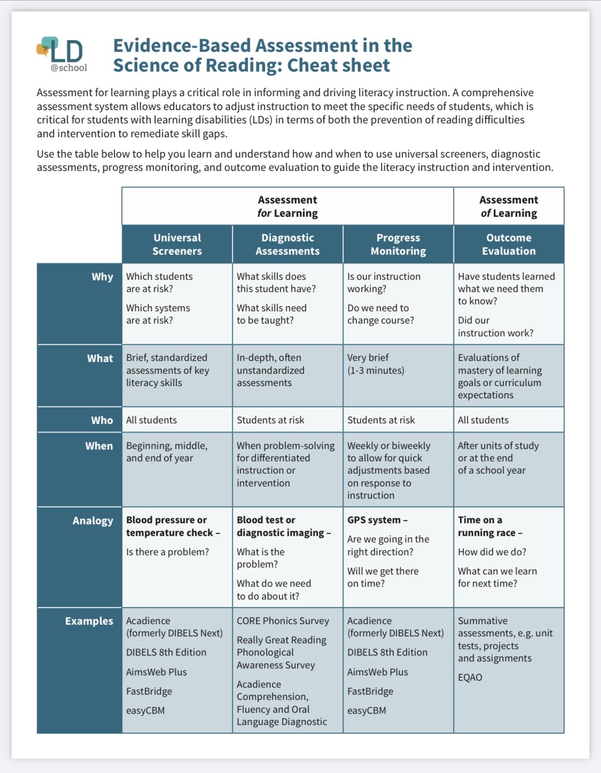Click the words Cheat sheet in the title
[x=338, y=65]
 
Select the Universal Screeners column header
[x=177, y=244]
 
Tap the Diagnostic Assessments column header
[x=287, y=244]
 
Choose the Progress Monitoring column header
[x=398, y=244]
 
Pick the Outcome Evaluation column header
[x=509, y=244]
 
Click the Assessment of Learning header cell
[x=509, y=206]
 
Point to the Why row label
[x=102, y=277]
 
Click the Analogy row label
[x=93, y=520]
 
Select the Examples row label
[x=89, y=621]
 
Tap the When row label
[x=99, y=446]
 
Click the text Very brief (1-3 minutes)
[x=376, y=364]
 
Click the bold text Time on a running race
[x=489, y=526]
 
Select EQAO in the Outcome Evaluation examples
[x=470, y=677]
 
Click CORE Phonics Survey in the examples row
[x=283, y=621]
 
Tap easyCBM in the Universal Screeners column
[x=145, y=711]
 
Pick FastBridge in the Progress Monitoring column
[x=370, y=691]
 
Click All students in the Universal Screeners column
[x=151, y=420]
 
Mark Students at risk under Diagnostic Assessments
[x=270, y=420]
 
